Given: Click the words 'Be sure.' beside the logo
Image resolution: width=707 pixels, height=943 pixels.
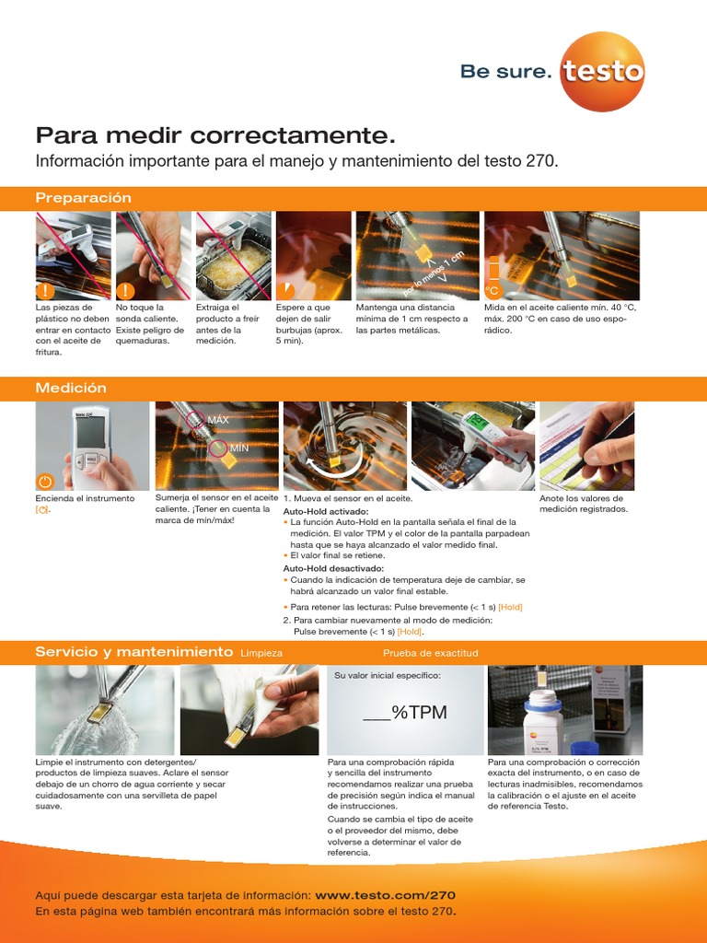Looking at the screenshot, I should [x=505, y=72].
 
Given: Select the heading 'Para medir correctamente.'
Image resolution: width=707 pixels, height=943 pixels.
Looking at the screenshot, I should [x=215, y=136].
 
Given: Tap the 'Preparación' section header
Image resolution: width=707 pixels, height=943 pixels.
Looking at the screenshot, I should [x=83, y=198].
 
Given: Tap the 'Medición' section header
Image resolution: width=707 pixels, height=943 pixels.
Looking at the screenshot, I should [x=71, y=389].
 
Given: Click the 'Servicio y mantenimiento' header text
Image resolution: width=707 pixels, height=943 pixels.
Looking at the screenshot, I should [x=133, y=652].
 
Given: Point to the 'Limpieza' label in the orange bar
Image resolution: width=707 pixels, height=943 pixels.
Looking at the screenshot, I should [x=261, y=653].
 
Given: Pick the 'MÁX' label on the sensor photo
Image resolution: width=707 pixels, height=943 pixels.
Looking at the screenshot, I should [x=218, y=420].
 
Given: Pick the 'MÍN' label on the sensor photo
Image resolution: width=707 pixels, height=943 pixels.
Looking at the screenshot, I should [x=239, y=448].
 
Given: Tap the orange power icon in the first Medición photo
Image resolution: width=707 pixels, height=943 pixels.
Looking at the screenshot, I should [x=46, y=481].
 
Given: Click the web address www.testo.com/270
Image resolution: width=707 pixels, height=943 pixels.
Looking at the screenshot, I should [x=385, y=895].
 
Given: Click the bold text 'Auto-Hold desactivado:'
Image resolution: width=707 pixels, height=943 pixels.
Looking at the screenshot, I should [x=332, y=569].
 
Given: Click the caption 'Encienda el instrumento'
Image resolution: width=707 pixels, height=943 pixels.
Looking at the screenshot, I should [x=85, y=498].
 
